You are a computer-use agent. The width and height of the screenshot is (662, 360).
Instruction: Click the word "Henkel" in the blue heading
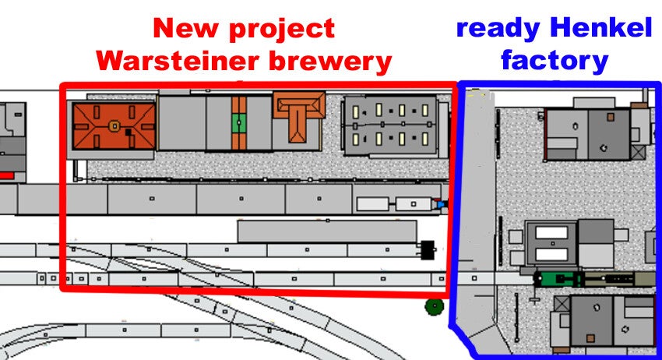600,29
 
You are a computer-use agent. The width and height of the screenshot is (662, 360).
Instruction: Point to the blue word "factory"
554,60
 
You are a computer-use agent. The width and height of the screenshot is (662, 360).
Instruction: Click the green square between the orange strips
238,122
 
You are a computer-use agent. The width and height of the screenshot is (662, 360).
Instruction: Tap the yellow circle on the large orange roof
114,125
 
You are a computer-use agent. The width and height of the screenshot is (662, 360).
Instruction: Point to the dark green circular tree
432,306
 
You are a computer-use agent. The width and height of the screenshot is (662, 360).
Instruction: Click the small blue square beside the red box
442,204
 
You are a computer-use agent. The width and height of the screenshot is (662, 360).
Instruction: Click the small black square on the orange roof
128,132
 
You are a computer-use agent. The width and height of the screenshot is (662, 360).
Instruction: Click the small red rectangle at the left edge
6,175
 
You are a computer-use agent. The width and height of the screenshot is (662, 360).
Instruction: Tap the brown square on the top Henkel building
611,117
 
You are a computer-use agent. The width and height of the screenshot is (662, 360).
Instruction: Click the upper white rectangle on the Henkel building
551,232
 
